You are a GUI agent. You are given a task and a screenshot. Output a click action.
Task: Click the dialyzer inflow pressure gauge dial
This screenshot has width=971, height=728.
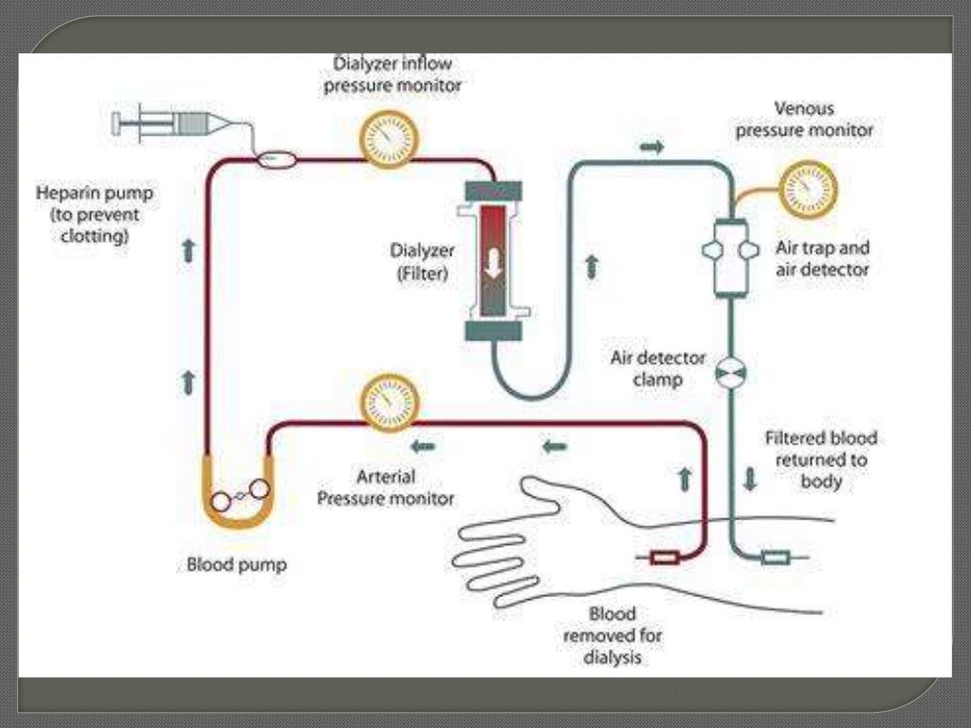(390, 138)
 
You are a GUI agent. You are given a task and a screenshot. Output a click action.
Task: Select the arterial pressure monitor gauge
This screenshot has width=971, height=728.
(390, 401)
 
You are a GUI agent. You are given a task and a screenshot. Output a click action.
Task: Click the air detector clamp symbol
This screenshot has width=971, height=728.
(731, 373)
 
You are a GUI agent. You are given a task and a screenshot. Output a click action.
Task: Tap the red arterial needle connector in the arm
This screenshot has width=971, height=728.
(664, 558)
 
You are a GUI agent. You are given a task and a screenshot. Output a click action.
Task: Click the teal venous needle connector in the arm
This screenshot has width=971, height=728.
(775, 557)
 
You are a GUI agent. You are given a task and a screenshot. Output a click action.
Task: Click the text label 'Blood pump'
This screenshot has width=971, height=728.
(236, 566)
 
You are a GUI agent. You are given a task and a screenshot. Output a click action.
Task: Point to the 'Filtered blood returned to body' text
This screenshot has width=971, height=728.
(821, 460)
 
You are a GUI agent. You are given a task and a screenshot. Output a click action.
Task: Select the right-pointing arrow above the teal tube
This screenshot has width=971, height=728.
(652, 147)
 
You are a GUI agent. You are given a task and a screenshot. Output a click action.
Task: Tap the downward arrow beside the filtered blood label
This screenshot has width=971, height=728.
(750, 479)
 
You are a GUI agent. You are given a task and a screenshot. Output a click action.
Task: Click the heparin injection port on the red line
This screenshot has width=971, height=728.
(277, 160)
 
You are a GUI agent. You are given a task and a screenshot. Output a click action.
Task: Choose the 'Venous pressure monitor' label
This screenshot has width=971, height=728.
(804, 119)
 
